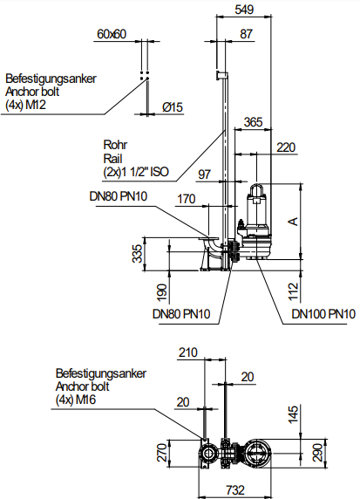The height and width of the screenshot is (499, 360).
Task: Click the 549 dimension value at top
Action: [244, 10]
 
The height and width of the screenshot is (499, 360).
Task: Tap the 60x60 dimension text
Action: [112, 34]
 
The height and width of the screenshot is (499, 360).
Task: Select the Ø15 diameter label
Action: [173, 107]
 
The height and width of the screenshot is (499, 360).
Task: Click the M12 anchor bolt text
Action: [36, 105]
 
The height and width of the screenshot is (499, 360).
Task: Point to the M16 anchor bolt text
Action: [85, 400]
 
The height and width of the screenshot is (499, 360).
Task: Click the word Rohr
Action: [115, 145]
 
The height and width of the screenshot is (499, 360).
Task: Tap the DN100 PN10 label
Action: [323, 314]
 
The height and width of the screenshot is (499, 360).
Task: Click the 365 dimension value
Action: [253, 122]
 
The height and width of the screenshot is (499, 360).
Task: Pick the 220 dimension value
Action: [286, 147]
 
